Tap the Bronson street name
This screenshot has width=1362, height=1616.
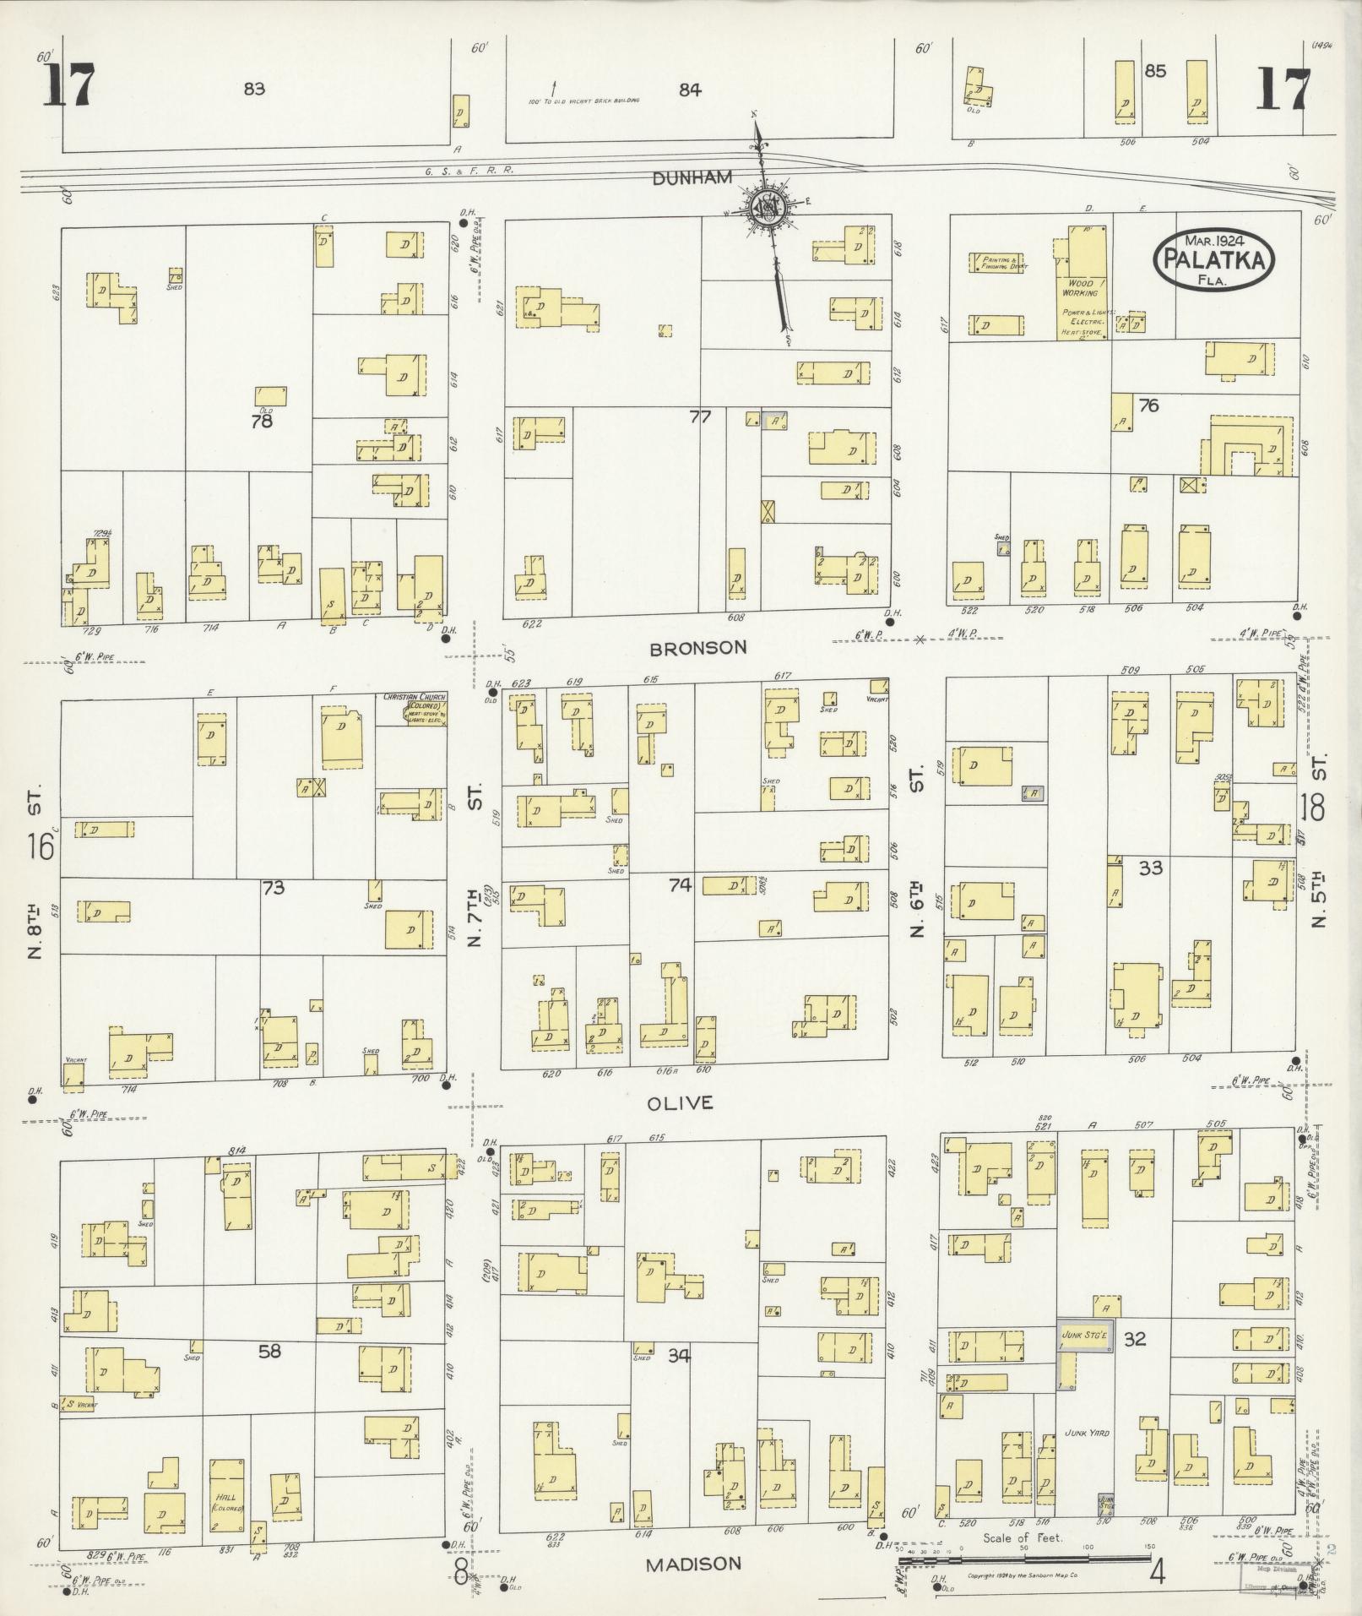[698, 648]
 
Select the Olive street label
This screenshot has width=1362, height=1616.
[681, 1103]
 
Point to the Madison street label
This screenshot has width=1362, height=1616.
[693, 1564]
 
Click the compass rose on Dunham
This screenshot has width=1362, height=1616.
[768, 205]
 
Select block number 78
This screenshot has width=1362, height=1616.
[262, 420]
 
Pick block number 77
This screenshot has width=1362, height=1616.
[700, 416]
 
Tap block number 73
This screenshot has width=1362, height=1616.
[273, 888]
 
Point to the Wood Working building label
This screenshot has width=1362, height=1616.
[1080, 287]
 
